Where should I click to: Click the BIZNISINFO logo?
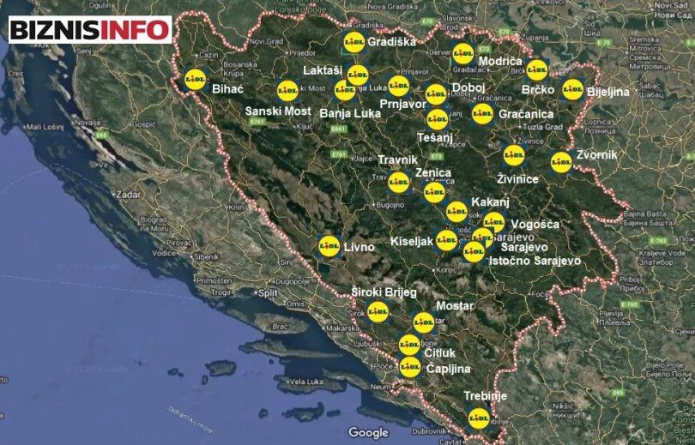point(89,28)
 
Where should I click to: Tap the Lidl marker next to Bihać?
point(195,79)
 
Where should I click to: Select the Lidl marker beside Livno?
point(329,245)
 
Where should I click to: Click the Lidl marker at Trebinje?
point(479,418)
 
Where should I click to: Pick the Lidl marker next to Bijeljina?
point(572,88)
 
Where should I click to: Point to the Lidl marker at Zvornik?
point(560,161)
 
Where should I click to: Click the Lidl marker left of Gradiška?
point(354,41)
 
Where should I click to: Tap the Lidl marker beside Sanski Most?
point(287,90)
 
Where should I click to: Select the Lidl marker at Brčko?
point(536,69)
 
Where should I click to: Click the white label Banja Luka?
point(350,112)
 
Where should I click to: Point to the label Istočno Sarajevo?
point(535,260)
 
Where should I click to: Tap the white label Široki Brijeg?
point(384,292)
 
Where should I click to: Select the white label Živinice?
point(517,178)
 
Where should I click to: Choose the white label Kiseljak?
point(412,242)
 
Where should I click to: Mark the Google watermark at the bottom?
point(368,433)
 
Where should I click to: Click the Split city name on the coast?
point(267,292)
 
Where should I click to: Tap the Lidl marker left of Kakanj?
point(456,211)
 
